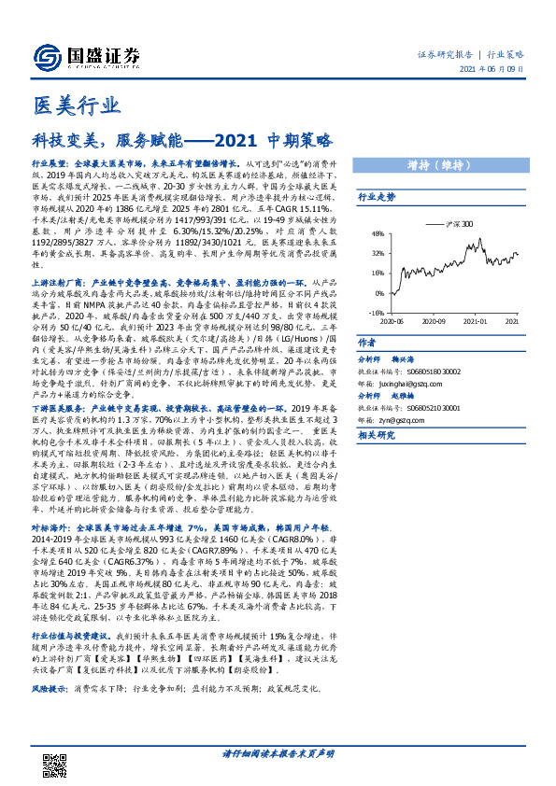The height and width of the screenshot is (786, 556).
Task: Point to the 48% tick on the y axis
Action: (377, 234)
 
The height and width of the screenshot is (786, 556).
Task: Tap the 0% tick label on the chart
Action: (378, 293)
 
